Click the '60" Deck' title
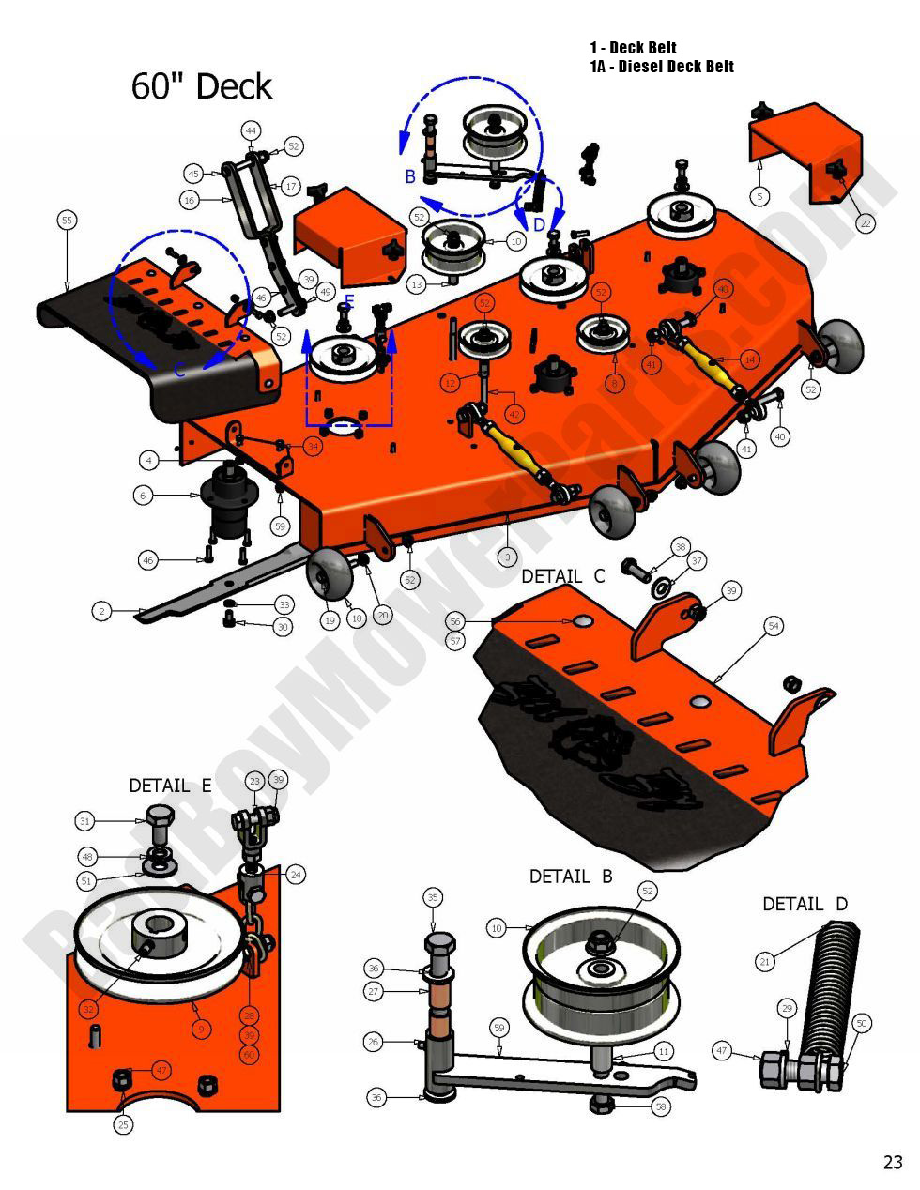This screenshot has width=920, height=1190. pyautogui.click(x=201, y=86)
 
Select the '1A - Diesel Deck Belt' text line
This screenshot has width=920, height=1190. pyautogui.click(x=662, y=67)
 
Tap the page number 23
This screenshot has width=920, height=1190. pyautogui.click(x=892, y=1162)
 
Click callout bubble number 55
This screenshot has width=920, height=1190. pyautogui.click(x=67, y=221)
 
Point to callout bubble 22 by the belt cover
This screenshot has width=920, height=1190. pyautogui.click(x=865, y=223)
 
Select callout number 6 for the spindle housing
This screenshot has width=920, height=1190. pyautogui.click(x=143, y=495)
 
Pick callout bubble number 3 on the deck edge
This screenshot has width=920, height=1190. pyautogui.click(x=507, y=557)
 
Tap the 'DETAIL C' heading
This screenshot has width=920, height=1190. pyautogui.click(x=563, y=576)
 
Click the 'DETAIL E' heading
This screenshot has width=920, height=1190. pyautogui.click(x=170, y=786)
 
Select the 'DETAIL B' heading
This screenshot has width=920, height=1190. pyautogui.click(x=571, y=877)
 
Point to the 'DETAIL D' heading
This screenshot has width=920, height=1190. pyautogui.click(x=805, y=904)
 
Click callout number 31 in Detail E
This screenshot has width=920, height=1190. pyautogui.click(x=85, y=821)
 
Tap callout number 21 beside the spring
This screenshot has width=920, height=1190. pyautogui.click(x=765, y=961)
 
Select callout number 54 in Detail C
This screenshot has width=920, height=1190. pyautogui.click(x=774, y=625)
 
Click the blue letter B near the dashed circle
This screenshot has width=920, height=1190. pyautogui.click(x=410, y=176)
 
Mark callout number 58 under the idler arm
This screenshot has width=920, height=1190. pyautogui.click(x=662, y=1107)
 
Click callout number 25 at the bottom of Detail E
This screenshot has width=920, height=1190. pyautogui.click(x=124, y=1123)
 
